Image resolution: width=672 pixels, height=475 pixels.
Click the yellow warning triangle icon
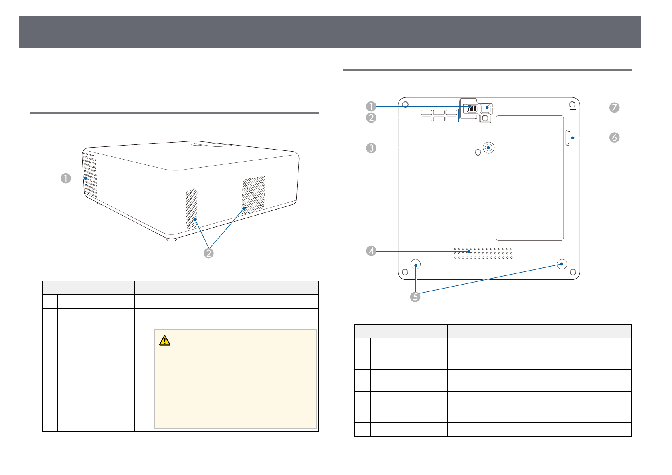164,340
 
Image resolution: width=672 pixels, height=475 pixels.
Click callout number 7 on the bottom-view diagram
614,107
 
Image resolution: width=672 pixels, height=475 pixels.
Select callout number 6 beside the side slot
614,137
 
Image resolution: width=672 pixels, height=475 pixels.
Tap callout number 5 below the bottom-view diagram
415,297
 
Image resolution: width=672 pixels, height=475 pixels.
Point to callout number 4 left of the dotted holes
371,251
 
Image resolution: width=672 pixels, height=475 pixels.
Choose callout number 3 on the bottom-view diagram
371,148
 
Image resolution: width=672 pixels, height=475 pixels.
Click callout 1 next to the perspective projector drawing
66,178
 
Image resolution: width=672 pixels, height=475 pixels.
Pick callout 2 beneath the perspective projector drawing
208,253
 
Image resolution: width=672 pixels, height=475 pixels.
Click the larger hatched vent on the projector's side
253,194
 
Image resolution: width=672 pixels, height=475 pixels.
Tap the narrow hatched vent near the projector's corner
191,208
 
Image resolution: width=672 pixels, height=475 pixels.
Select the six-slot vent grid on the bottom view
439,116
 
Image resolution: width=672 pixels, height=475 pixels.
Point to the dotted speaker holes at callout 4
483,253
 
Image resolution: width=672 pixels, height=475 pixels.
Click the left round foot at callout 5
416,265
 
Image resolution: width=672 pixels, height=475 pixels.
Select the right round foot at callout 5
562,264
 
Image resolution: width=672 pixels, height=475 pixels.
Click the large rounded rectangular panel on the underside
530,178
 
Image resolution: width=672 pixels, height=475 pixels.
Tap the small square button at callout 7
487,108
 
